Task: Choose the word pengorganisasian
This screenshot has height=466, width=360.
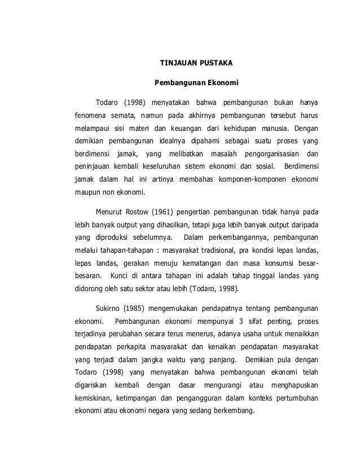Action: point(270,154)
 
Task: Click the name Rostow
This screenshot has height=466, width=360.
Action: point(149,212)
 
